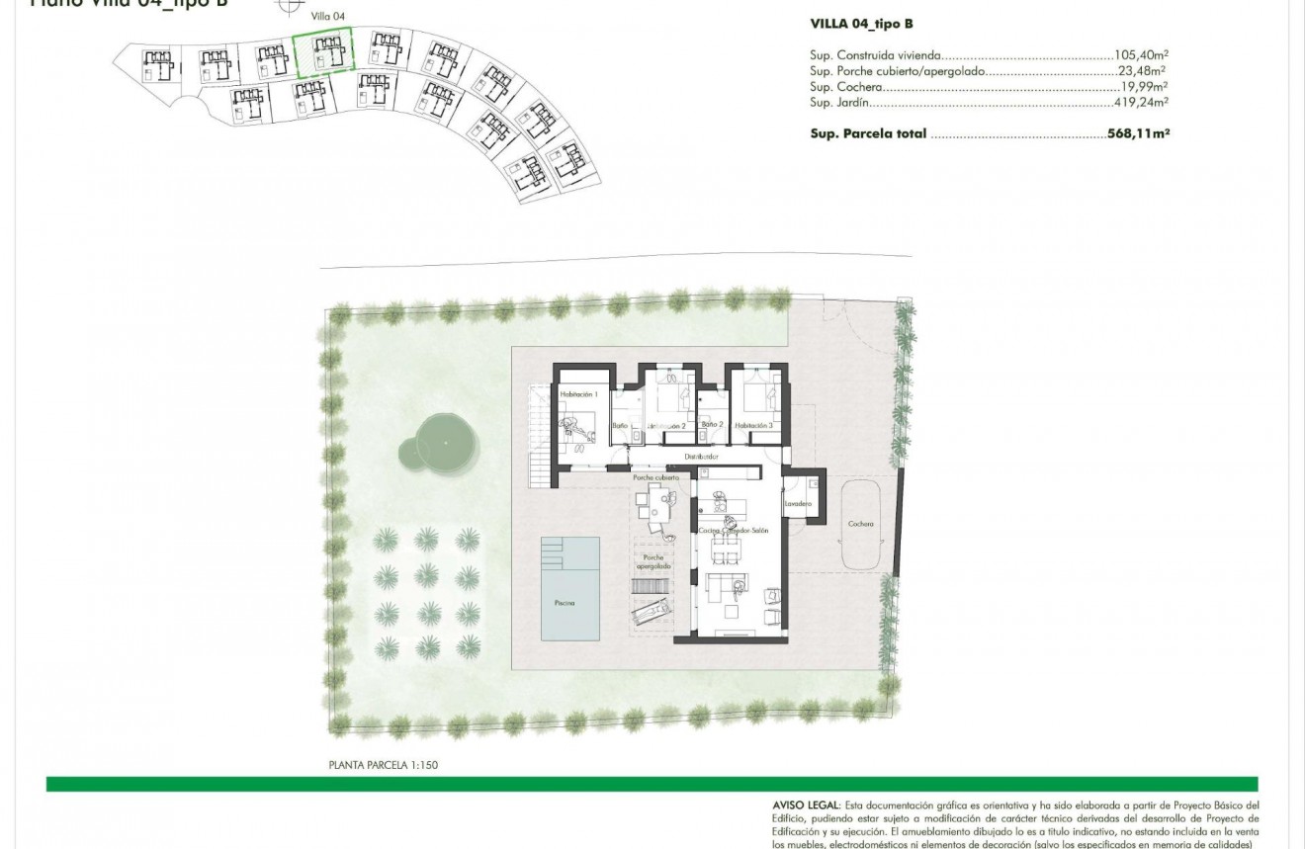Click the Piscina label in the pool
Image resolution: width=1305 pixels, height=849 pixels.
pos(565,602)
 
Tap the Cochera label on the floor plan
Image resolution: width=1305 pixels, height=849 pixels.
pos(860,524)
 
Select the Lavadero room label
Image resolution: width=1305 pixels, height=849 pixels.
pos(798,505)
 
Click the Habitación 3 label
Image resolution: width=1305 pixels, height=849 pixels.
pos(753,425)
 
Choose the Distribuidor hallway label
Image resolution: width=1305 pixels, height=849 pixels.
pos(700,457)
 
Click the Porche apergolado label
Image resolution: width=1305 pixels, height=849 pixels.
pos(652,561)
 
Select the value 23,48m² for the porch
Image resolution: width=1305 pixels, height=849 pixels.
pos(1142,71)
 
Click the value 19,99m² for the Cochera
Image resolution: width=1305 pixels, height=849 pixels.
pos(1144,87)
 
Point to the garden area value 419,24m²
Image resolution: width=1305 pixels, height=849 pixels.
pos(1142,102)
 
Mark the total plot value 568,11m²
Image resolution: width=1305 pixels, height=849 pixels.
pos(1138,133)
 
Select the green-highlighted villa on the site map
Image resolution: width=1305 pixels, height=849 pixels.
pos(324,53)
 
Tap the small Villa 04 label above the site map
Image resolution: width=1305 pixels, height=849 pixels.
pos(327,17)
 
